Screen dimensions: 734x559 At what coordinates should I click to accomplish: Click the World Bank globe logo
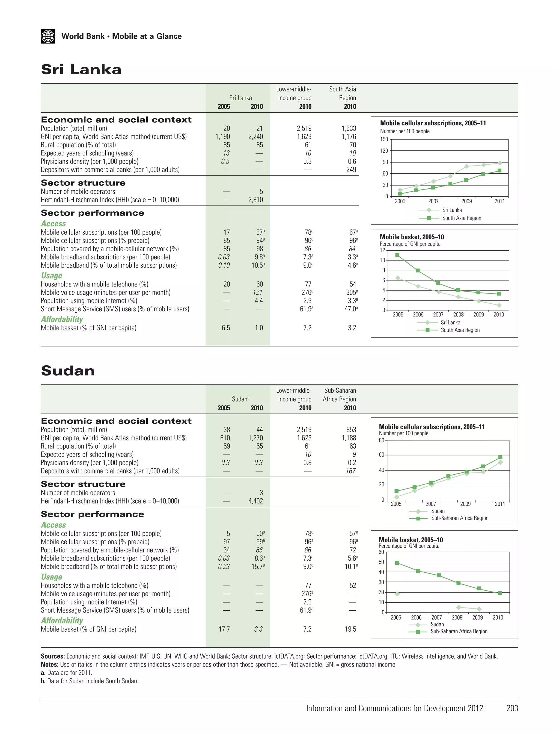[x=48, y=36]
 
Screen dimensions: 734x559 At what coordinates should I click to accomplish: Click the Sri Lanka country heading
[x=81, y=69]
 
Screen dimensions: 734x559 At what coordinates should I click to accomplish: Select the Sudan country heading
[x=68, y=371]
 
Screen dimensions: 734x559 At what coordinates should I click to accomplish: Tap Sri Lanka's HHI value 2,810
[x=255, y=200]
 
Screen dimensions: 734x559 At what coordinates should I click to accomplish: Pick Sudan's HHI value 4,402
[x=255, y=501]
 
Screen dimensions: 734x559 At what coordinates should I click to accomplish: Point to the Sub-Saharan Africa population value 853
[x=351, y=430]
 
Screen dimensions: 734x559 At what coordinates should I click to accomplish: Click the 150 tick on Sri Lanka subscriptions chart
[x=384, y=139]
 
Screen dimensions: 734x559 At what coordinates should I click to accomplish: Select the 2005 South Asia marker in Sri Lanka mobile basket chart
[x=397, y=255]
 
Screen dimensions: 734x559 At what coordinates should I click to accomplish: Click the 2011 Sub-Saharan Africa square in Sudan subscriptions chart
[x=500, y=457]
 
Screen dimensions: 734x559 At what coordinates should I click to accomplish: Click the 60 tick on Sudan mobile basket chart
[x=381, y=552]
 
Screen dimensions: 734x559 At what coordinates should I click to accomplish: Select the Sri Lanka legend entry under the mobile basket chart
[x=450, y=322]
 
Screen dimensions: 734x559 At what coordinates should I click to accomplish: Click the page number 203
[x=512, y=708]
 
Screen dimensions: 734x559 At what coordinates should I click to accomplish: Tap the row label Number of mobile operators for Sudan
[x=78, y=493]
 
